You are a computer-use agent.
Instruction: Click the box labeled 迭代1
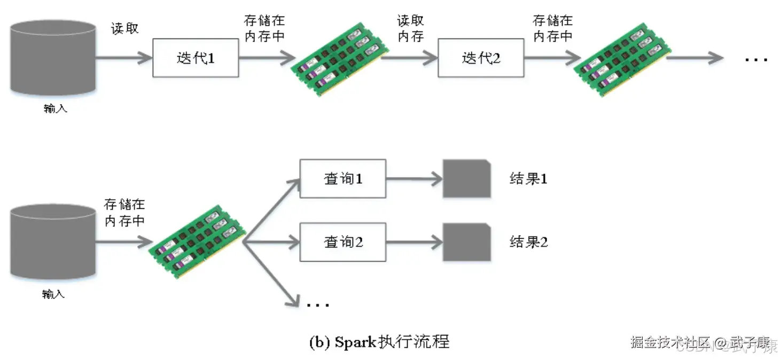[196, 58]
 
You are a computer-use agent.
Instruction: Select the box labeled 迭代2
[481, 58]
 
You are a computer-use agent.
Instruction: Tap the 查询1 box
[342, 178]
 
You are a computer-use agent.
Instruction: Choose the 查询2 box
[342, 242]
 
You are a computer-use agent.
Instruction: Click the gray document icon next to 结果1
[466, 178]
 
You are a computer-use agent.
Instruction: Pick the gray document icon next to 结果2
[466, 242]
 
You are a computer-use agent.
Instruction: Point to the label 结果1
[528, 178]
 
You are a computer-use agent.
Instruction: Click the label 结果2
[528, 242]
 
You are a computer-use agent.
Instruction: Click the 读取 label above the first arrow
[125, 28]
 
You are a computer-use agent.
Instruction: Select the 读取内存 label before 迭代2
[410, 28]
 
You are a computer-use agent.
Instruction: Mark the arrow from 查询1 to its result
[414, 179]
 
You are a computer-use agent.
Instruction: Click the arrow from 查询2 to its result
[414, 242]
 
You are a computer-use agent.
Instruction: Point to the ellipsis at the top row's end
[756, 59]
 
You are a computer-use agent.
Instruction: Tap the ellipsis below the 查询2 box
[318, 305]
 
